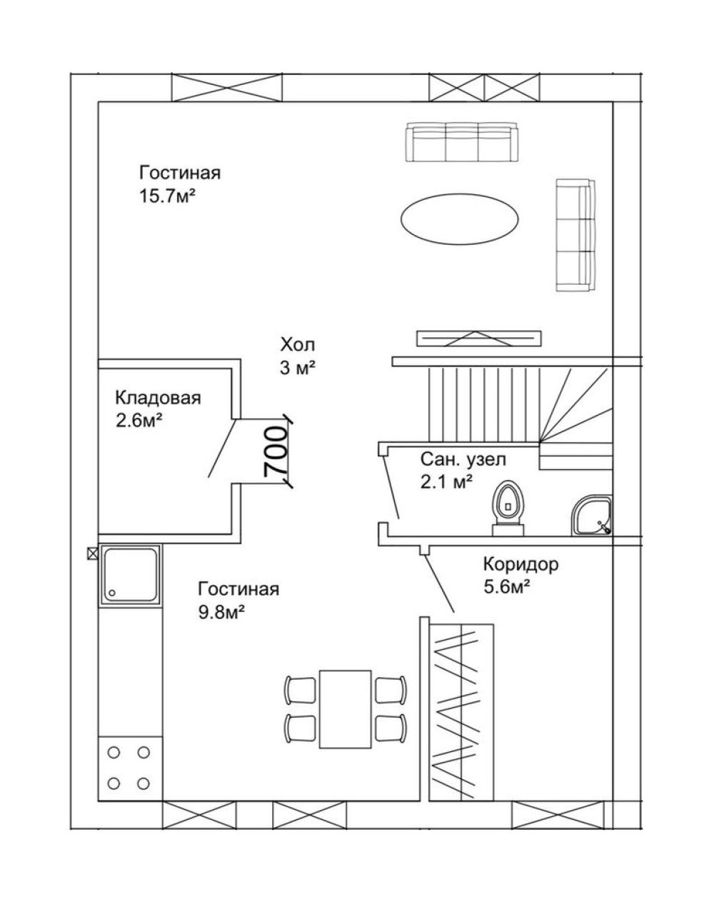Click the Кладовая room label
pos(158,398)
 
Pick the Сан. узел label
pos(463,459)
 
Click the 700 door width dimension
pos(275,451)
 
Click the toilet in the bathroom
pos(508,508)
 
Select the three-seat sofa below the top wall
pos(462,142)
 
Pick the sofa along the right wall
pos(575,235)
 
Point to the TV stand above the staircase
pos(478,339)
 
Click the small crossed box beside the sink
pos(92,553)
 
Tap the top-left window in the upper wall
pos(226,87)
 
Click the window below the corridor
pos(558,815)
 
